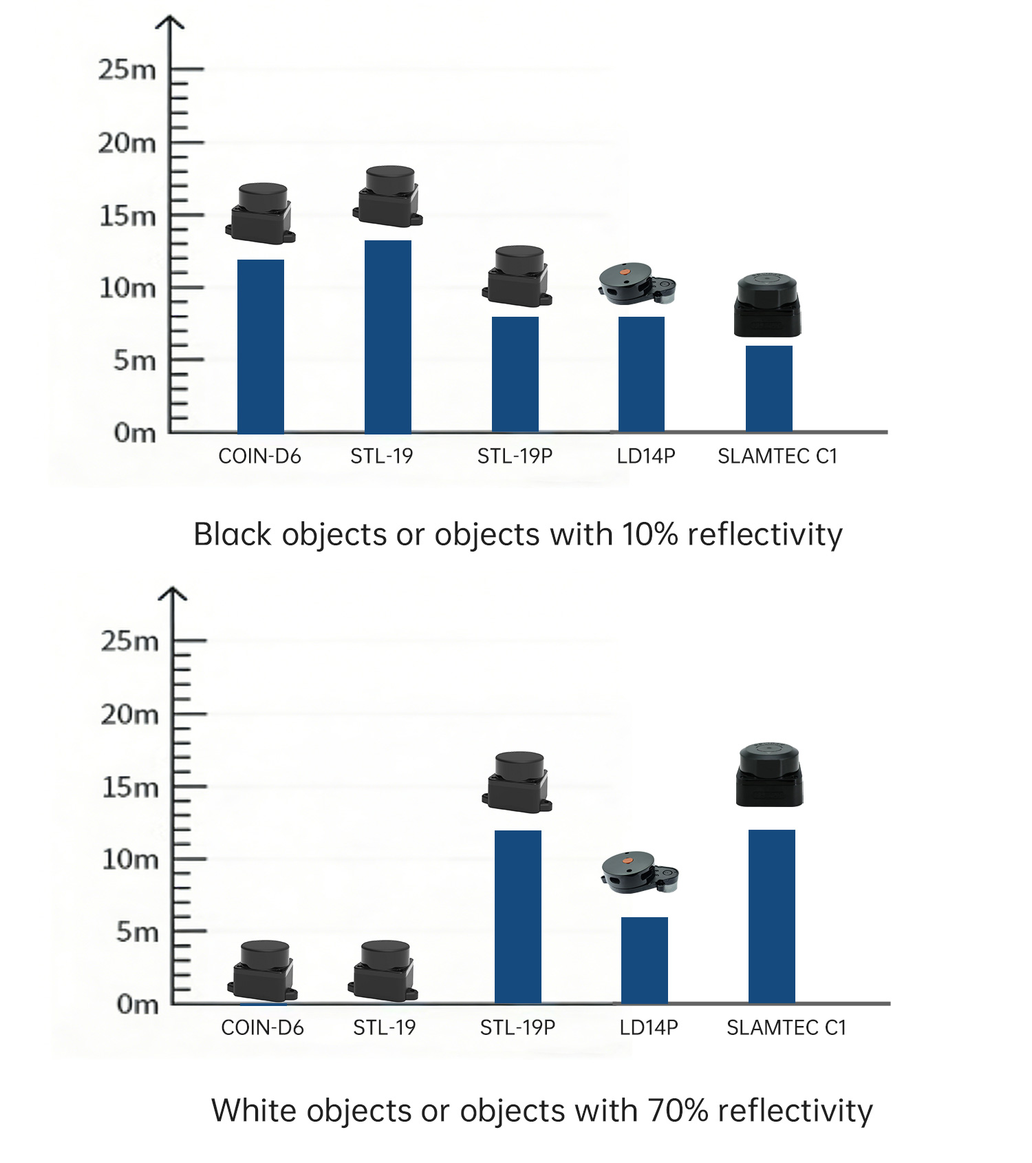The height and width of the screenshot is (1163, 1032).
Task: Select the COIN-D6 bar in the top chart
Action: point(261,346)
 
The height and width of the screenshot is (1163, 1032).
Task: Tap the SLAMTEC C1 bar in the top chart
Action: point(769,388)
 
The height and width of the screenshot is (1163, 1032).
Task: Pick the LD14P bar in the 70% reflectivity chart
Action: point(645,960)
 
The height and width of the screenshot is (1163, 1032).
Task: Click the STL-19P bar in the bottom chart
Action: point(518,916)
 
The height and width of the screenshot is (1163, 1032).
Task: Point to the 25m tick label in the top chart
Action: point(127,70)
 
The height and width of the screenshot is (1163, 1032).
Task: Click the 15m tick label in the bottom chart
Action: point(130,787)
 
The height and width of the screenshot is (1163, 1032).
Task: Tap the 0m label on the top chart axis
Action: point(135,433)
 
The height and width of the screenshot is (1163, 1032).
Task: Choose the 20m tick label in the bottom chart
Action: point(129,715)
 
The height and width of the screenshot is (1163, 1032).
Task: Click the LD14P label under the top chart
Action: point(646,456)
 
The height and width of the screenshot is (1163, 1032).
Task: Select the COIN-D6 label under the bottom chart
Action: point(262,1027)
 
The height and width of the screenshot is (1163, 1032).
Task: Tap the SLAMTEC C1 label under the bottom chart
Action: point(786,1027)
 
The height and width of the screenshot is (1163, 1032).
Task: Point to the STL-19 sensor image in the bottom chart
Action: point(384,971)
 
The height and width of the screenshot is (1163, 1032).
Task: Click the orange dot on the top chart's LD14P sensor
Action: point(624,272)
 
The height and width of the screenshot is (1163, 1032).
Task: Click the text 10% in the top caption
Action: point(649,534)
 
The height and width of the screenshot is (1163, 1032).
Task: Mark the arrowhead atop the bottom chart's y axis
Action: point(173,592)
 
